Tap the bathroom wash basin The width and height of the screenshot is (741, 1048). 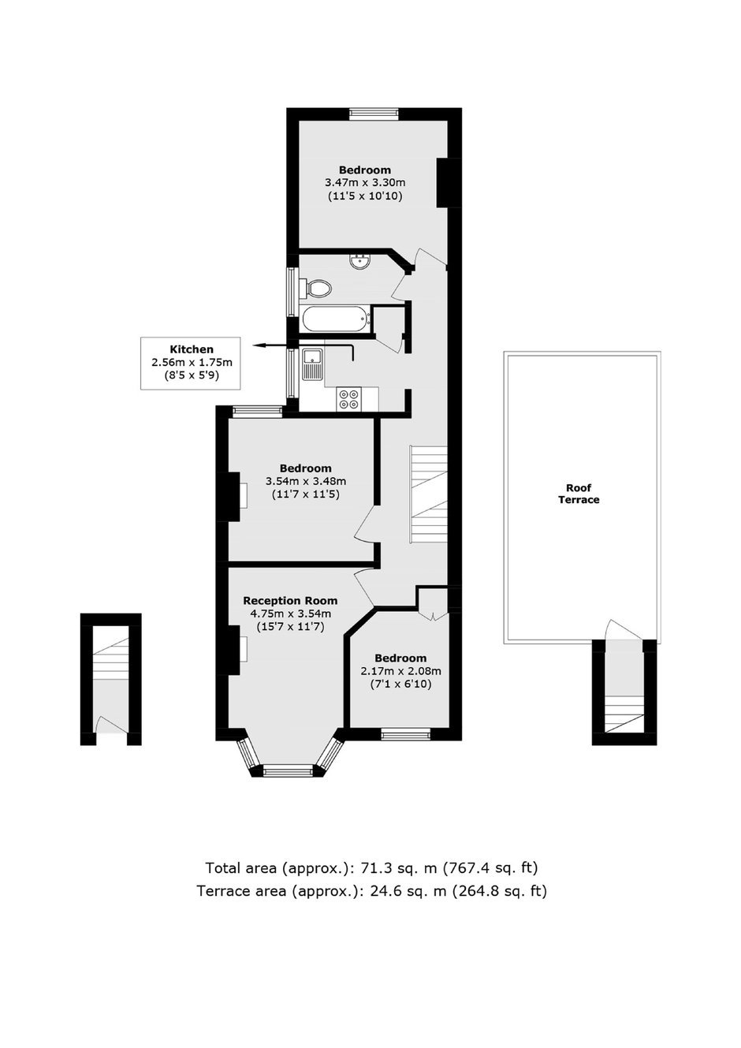coord(359,262)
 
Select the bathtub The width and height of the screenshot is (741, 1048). coord(337,320)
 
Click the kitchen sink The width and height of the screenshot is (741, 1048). coord(311,364)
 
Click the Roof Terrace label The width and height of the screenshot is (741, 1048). coord(579,494)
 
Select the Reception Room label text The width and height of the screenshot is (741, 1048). coord(290,600)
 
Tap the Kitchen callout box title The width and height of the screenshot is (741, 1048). coord(192,349)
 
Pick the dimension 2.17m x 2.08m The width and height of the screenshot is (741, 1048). coord(400,671)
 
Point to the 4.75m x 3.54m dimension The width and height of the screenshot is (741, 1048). coord(291,614)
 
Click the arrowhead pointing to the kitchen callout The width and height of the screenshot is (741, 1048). coord(259,345)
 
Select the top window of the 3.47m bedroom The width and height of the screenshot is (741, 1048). coord(374,114)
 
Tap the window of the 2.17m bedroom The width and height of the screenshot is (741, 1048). coord(406,735)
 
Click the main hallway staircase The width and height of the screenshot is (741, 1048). coord(429,494)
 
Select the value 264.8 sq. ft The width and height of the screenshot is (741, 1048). coord(497,890)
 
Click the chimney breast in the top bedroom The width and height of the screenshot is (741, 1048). coord(443,182)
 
